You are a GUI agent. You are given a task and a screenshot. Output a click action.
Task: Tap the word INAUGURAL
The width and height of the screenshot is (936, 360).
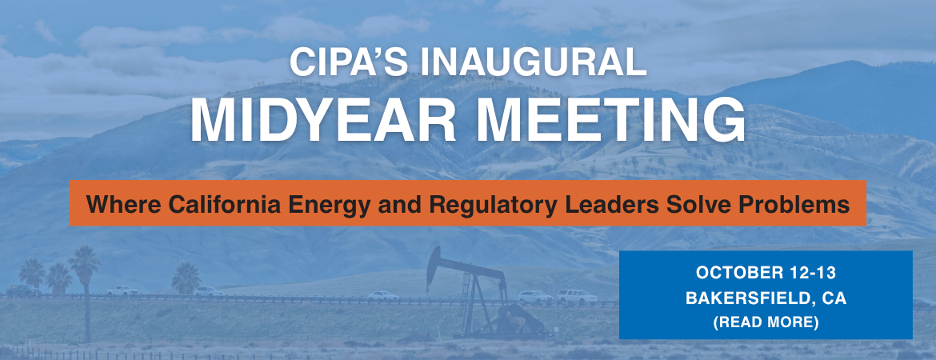click(534, 62)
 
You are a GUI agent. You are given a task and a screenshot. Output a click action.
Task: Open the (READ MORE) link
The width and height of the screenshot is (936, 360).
click(766, 322)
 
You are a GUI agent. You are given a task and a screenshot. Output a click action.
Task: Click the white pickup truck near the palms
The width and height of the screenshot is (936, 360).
click(122, 290)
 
